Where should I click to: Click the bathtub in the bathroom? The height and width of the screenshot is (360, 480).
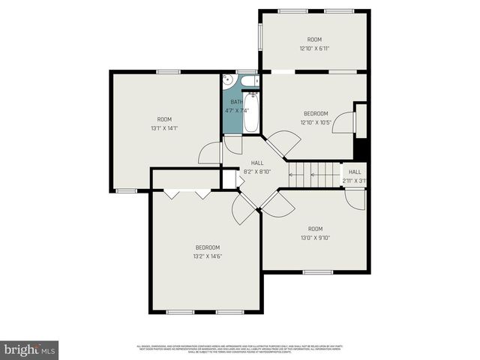(253, 112)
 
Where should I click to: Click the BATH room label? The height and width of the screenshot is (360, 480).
(236, 102)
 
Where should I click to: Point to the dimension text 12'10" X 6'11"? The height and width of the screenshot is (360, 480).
(314, 49)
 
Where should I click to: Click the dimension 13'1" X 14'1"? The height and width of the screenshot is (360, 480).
(164, 128)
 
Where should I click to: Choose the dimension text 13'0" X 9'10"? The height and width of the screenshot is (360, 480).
(315, 238)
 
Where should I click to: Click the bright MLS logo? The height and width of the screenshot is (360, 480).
(30, 349)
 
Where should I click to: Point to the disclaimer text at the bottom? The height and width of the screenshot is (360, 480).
(240, 349)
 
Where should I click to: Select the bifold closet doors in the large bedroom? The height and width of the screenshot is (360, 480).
(187, 194)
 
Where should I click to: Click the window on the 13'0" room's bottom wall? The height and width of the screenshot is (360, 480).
(315, 271)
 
